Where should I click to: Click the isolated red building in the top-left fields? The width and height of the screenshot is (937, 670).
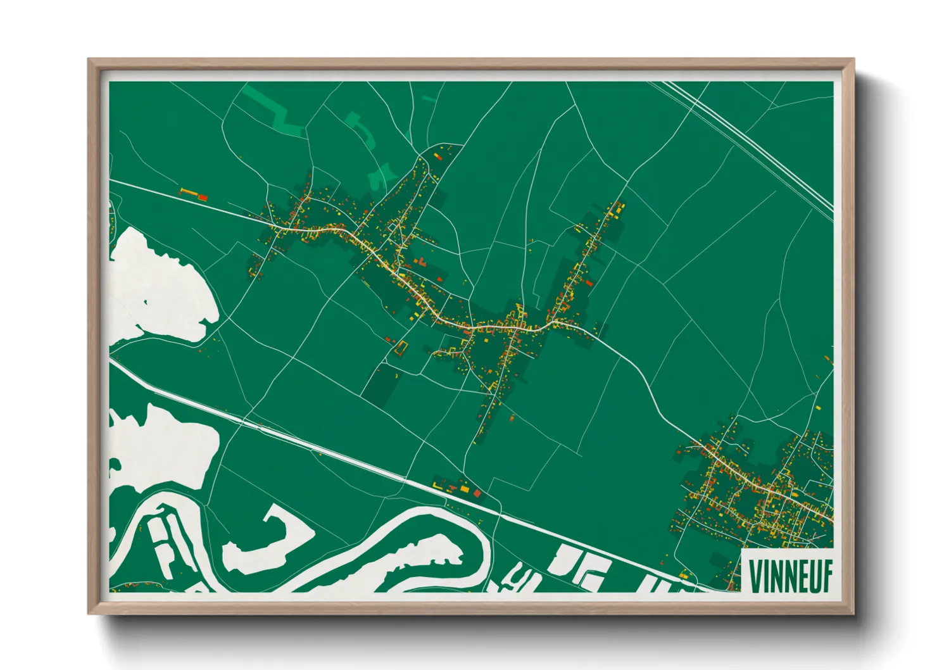pos(203,198)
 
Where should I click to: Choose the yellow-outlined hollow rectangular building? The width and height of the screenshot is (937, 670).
pos(400,348)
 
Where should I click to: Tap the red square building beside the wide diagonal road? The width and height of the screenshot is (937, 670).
pos(477,492)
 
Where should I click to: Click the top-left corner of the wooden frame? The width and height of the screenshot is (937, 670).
pos(90,61)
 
